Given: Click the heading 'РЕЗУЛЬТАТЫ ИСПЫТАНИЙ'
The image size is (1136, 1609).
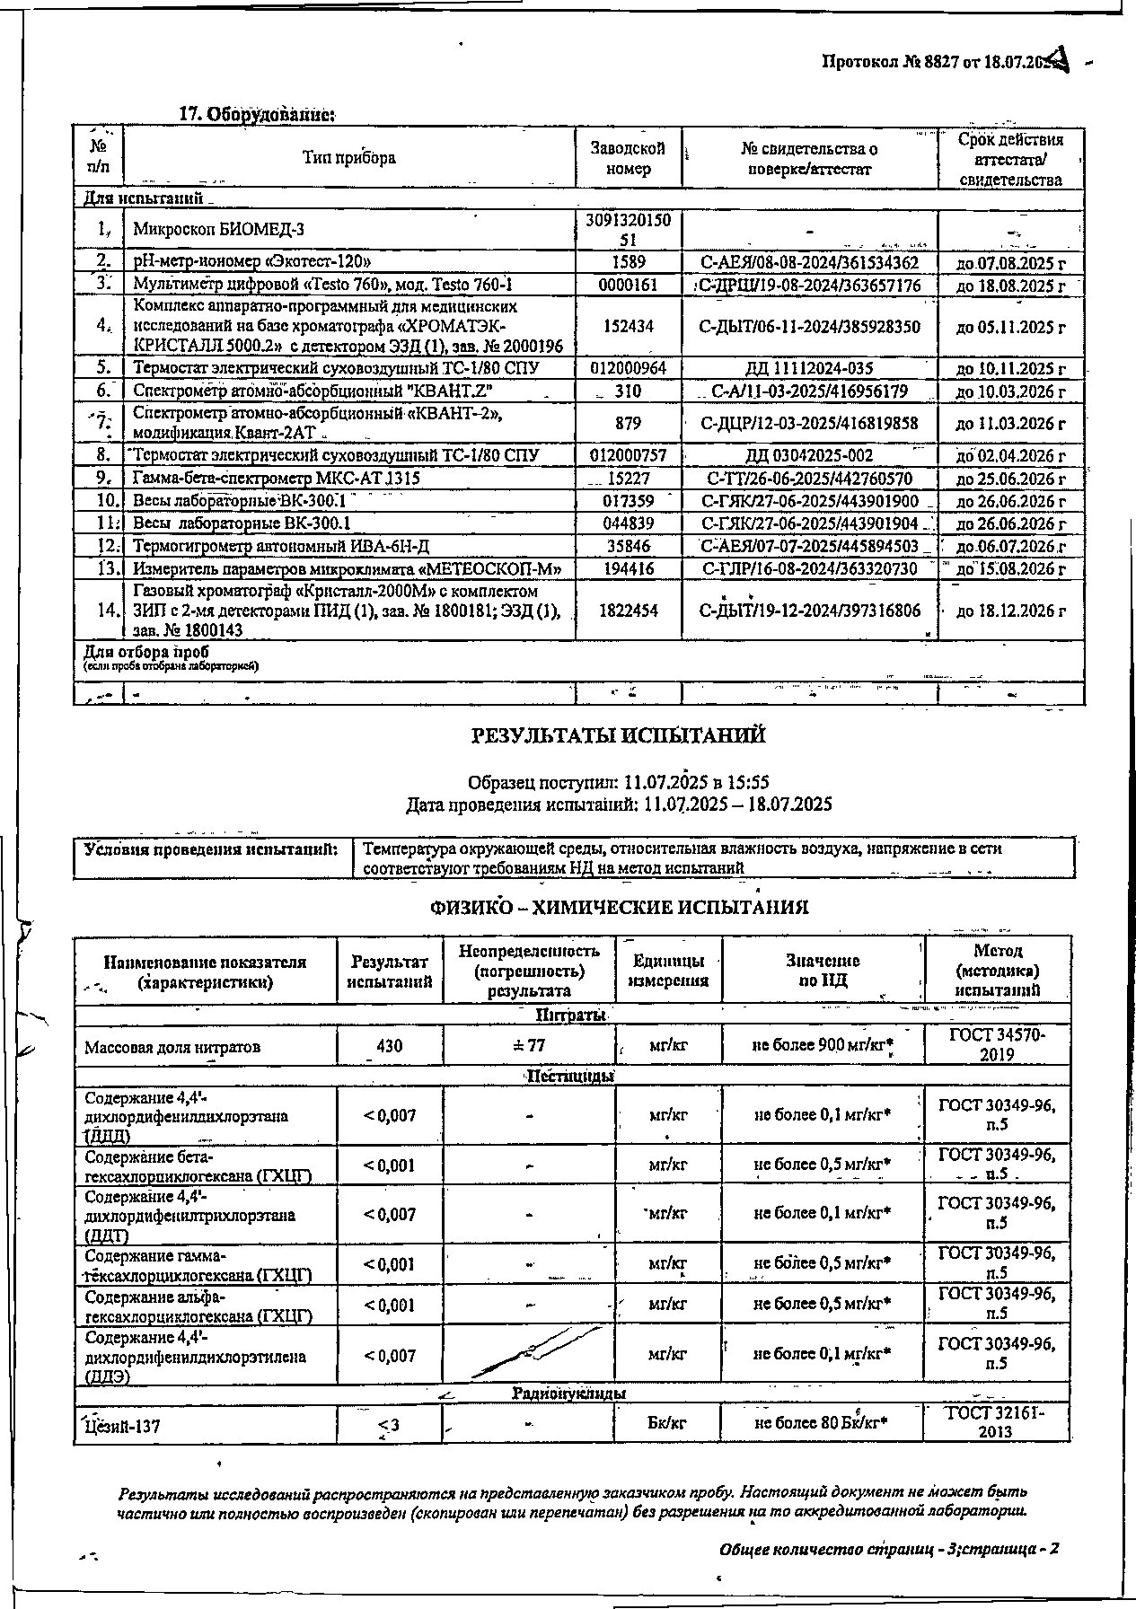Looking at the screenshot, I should [619, 735].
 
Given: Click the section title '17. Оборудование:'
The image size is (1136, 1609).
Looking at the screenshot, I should [258, 115].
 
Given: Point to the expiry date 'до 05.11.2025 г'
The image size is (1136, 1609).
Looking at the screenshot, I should [1010, 327].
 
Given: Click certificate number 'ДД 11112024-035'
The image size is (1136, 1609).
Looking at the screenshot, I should [809, 368].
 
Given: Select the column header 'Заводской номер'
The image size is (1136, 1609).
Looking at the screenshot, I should [629, 158].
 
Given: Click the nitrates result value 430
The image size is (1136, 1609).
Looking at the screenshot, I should [390, 1046].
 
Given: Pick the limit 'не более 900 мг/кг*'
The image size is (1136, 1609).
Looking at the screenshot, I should [823, 1045].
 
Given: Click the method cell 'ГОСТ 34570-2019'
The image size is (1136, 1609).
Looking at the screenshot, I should [997, 1045].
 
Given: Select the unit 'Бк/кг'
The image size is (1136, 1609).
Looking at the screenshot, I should [667, 1424].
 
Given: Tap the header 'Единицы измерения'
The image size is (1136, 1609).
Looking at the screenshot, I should [669, 971].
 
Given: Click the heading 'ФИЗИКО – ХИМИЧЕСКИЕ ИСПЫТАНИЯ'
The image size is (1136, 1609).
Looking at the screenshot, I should [619, 908].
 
